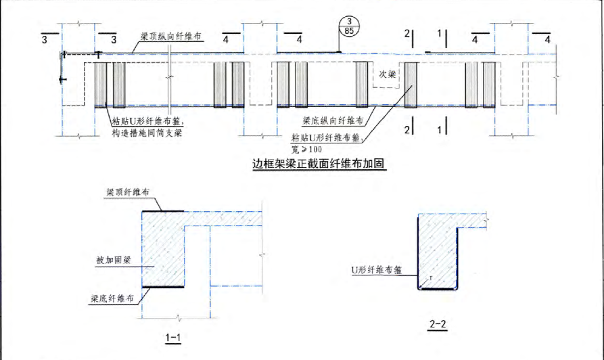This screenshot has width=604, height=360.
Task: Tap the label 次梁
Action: [x=386, y=74]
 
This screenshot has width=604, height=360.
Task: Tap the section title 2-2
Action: [x=438, y=324]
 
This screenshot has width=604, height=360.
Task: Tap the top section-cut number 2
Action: [x=406, y=33]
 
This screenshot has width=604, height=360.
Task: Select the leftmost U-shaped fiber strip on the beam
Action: [x=101, y=85]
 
